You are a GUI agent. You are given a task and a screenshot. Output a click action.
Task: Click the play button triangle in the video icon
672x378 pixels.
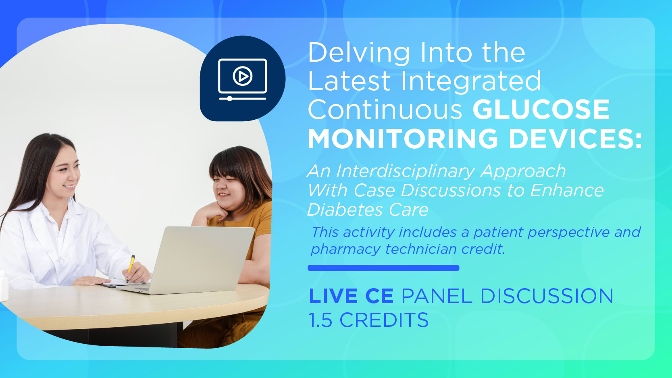(243, 77)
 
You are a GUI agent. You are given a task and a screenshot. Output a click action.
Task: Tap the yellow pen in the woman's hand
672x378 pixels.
(130, 268)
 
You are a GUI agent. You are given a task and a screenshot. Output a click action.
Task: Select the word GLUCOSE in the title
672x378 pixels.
(541, 109)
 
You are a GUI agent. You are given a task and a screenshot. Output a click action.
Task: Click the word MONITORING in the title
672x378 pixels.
(403, 139)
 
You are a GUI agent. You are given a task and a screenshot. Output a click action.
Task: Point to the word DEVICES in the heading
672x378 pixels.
(575, 139)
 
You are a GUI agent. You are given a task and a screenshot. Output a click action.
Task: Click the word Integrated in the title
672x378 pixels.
(471, 81)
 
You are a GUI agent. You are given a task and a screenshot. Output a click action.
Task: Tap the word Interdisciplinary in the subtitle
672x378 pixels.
(405, 172)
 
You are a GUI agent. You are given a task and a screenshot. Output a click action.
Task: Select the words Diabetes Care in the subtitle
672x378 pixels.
(368, 210)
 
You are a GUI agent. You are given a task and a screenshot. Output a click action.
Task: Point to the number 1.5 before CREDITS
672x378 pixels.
(320, 320)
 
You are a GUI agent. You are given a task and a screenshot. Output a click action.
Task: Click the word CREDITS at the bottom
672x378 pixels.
(384, 320)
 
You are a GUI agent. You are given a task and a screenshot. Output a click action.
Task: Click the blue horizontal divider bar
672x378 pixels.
(383, 268)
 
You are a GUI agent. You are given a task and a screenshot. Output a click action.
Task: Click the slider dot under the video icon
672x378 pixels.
(229, 98)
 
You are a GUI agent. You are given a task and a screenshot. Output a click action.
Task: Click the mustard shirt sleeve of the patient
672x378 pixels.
(260, 218)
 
